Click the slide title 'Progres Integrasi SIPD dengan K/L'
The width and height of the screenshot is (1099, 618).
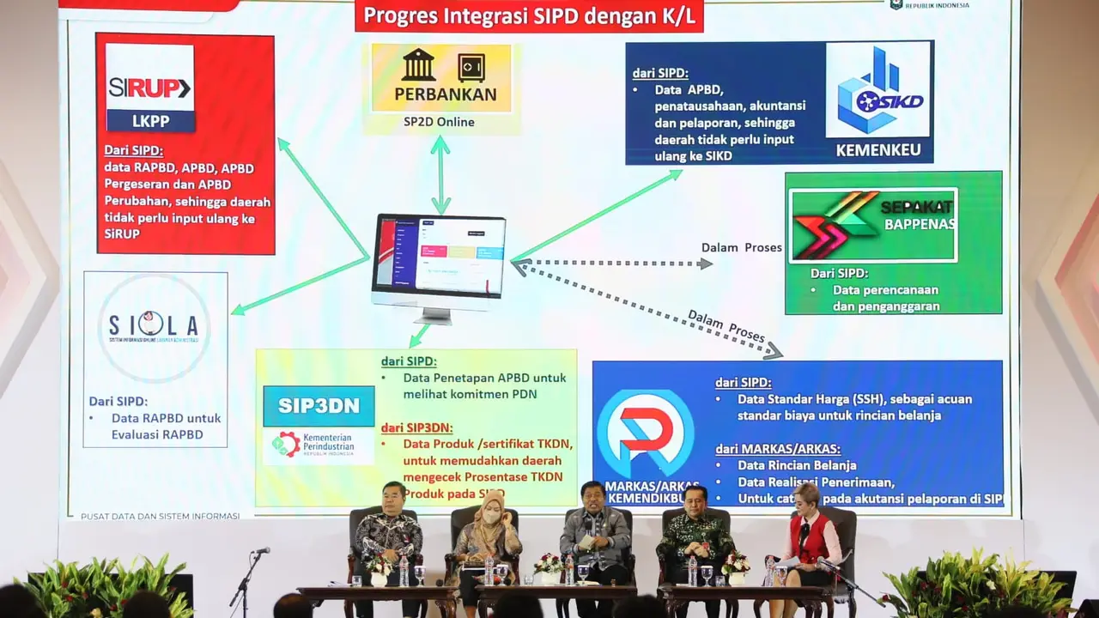tap(528, 15)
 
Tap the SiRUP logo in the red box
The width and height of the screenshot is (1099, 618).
tap(149, 88)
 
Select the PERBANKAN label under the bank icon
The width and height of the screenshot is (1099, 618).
tap(445, 94)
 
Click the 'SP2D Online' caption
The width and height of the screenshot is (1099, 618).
tap(439, 122)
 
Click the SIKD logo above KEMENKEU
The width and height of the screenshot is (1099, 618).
tap(878, 91)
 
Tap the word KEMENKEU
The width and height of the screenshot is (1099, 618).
tap(878, 151)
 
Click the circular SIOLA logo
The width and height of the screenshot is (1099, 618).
tap(154, 326)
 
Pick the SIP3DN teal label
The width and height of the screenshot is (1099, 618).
tap(319, 406)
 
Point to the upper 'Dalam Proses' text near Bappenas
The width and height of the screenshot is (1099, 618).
tap(741, 248)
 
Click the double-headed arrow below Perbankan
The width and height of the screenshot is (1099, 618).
tap(440, 174)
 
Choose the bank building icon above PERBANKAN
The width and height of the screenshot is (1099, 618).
tap(418, 65)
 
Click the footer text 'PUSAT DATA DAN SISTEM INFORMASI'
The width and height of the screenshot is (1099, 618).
tap(160, 516)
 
